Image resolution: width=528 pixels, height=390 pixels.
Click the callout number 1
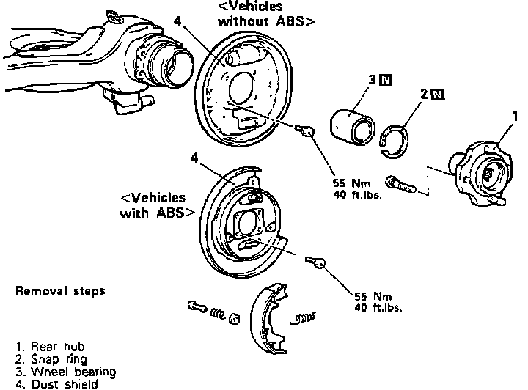pyautogui.click(x=516, y=116)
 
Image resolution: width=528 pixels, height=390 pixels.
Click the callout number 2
pyautogui.click(x=424, y=95)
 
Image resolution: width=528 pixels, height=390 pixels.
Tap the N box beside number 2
pyautogui.click(x=438, y=95)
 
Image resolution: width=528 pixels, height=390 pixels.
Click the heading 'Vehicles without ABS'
pyautogui.click(x=266, y=14)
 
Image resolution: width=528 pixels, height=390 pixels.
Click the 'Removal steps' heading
pyautogui.click(x=61, y=291)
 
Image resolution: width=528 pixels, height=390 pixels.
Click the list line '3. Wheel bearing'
pyautogui.click(x=66, y=371)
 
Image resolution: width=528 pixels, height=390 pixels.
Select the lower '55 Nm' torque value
pyautogui.click(x=373, y=297)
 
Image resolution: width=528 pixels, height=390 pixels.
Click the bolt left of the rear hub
pyautogui.click(x=403, y=184)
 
